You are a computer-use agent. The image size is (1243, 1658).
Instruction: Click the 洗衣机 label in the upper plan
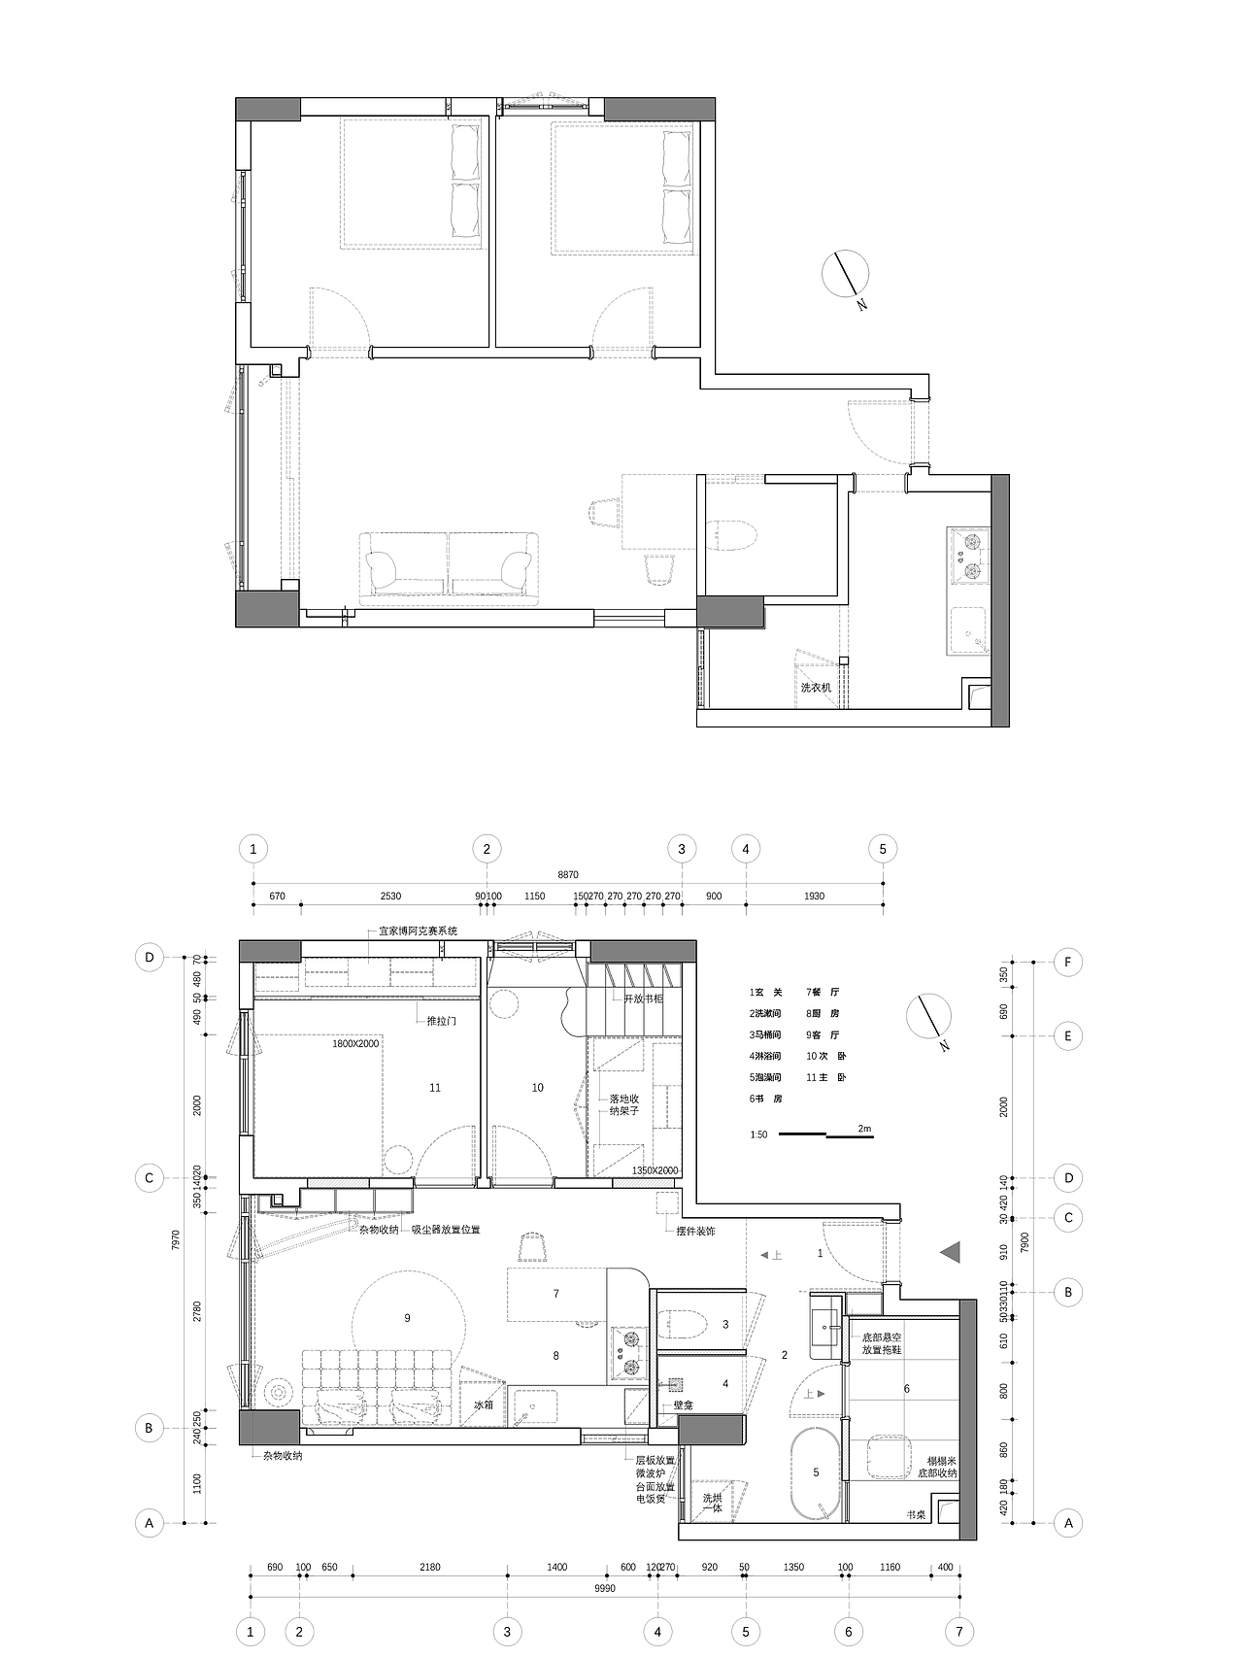(x=815, y=687)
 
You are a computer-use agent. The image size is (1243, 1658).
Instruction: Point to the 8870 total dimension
(x=568, y=875)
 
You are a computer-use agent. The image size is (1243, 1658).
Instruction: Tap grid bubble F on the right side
(x=1067, y=962)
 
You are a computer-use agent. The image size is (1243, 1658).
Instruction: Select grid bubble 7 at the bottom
(x=958, y=1631)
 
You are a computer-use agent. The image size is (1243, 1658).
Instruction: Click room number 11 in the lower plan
(x=435, y=1088)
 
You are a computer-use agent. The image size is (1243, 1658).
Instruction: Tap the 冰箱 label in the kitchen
(x=484, y=1404)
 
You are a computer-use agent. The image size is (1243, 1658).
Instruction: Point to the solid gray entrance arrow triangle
(x=951, y=1253)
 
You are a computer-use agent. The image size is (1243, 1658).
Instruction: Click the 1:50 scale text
(x=758, y=1134)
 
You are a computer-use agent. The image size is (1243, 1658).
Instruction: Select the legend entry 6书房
(x=765, y=1099)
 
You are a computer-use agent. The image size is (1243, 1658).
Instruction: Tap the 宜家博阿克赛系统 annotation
(x=418, y=931)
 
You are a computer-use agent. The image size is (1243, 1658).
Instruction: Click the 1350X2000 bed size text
(x=655, y=1170)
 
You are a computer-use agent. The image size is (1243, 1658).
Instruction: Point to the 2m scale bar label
(x=864, y=1129)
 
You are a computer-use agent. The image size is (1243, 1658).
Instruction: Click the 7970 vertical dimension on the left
(x=174, y=1240)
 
